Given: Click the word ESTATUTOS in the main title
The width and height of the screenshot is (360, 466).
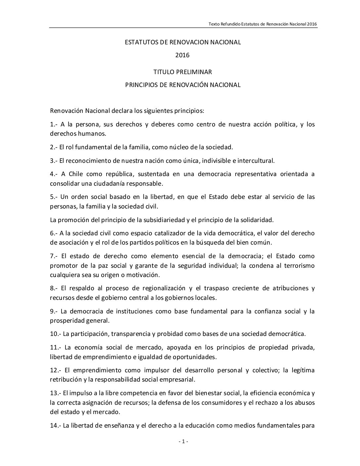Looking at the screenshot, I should tap(139, 42).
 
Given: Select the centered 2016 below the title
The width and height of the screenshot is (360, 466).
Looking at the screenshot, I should tap(182, 55).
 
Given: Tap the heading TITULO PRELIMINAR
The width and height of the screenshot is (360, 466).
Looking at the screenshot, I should tap(182, 72).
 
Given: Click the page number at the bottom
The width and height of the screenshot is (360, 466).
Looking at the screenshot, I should tap(183, 441).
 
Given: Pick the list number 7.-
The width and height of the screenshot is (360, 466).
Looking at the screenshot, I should tap(54, 256).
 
